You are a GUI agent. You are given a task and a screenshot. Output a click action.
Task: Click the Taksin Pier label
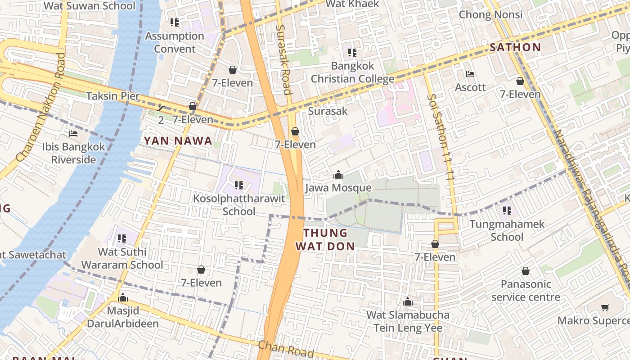click(113, 96)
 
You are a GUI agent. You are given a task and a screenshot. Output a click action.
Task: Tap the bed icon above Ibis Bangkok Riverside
click(73, 134)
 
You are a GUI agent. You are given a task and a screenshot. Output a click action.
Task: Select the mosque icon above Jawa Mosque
click(338, 175)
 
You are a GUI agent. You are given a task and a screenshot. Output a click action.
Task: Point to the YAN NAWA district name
click(178, 141)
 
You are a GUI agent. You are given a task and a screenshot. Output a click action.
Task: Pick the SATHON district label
click(515, 47)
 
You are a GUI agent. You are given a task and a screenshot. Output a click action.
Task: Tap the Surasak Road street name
click(283, 58)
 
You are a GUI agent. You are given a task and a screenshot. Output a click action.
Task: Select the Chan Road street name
click(285, 349)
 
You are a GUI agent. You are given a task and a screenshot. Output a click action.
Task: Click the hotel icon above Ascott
click(470, 74)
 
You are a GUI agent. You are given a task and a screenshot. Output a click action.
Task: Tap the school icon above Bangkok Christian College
click(352, 53)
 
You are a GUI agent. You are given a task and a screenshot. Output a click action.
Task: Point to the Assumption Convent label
click(175, 42)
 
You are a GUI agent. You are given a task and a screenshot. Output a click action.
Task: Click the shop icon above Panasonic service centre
click(525, 271)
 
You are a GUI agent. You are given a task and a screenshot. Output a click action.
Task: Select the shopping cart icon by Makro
click(605, 308)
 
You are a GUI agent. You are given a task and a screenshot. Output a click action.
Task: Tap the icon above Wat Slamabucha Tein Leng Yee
click(408, 302)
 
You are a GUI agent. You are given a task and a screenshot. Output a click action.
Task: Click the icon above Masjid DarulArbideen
click(122, 297)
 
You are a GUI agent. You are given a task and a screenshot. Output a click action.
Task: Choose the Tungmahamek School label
click(507, 230)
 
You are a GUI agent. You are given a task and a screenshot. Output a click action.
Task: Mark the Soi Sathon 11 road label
click(441, 135)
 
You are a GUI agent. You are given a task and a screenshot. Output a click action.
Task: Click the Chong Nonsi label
click(490, 14)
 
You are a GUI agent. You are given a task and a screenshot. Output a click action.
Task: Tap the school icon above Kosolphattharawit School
click(239, 185)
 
